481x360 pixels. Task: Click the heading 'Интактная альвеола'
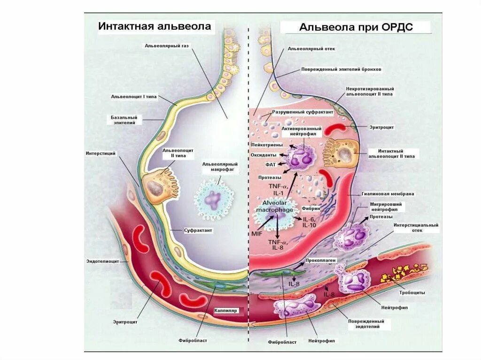point(155,26)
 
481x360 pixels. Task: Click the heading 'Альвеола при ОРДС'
point(356,27)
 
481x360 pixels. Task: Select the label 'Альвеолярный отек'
point(311,48)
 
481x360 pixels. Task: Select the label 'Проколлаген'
point(320,260)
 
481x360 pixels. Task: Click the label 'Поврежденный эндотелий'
point(366,324)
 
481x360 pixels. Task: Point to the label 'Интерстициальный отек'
point(416,228)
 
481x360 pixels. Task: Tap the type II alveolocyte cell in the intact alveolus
point(155,185)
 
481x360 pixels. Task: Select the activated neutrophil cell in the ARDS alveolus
point(301,155)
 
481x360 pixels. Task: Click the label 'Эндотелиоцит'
point(101,261)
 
